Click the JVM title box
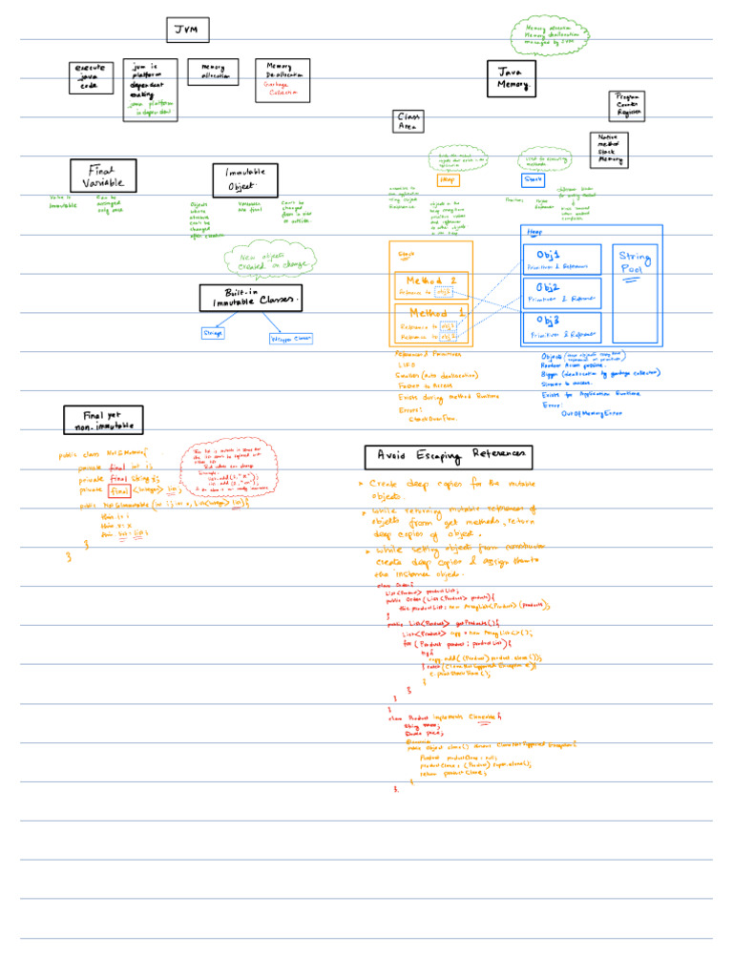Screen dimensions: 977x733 187,31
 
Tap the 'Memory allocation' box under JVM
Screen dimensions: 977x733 213,72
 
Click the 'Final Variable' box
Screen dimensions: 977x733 103,176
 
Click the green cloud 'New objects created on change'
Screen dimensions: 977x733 269,260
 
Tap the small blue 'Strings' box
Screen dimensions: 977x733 213,333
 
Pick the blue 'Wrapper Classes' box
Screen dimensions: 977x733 291,338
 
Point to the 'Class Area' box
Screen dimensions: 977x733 408,121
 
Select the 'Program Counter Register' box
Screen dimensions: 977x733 628,105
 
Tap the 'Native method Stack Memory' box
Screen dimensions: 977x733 608,150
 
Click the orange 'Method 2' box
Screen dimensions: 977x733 431,285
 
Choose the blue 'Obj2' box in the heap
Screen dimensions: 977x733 562,293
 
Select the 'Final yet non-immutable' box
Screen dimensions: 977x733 103,420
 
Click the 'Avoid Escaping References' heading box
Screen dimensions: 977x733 448,456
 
